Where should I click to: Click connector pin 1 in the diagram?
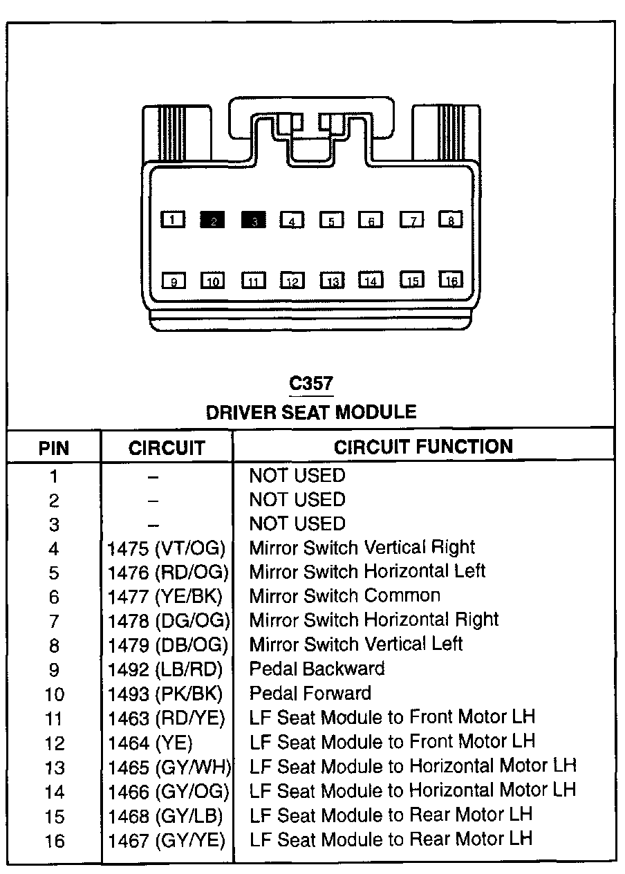click(x=173, y=220)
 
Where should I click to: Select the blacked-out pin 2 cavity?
click(x=213, y=220)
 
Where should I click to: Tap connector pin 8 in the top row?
click(x=451, y=220)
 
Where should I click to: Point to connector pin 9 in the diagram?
click(x=174, y=281)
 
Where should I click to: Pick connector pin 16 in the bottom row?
click(x=451, y=280)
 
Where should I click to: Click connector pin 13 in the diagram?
click(x=332, y=281)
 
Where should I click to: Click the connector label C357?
click(x=310, y=384)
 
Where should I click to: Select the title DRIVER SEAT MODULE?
click(x=311, y=412)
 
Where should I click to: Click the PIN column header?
click(x=54, y=447)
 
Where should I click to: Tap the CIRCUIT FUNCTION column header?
click(x=423, y=447)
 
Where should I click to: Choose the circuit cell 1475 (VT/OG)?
click(x=167, y=548)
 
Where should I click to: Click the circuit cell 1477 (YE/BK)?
click(x=166, y=597)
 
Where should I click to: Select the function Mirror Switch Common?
click(x=344, y=595)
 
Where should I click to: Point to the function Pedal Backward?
click(x=317, y=669)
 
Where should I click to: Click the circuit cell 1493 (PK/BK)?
click(x=165, y=694)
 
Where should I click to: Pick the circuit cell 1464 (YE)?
click(x=150, y=743)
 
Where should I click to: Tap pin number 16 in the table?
click(x=54, y=841)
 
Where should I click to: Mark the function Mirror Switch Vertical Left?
click(x=355, y=644)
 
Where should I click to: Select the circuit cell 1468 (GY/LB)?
click(x=165, y=816)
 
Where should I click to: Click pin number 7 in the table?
click(x=54, y=621)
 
